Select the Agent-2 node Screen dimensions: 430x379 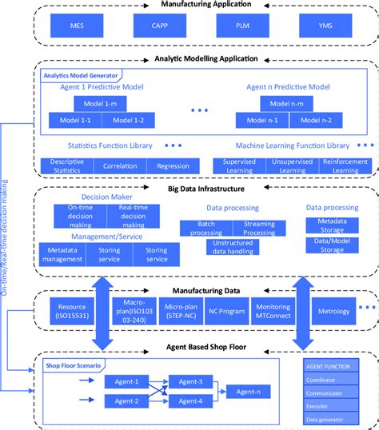point(126,400)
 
